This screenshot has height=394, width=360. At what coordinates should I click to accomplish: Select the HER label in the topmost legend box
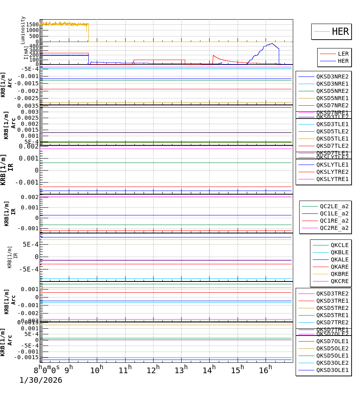tap(340, 32)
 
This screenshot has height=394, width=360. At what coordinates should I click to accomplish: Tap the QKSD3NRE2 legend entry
tap(332, 76)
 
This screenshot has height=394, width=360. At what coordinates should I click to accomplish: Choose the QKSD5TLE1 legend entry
tap(332, 139)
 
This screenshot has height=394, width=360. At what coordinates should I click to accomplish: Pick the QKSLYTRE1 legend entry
tap(332, 179)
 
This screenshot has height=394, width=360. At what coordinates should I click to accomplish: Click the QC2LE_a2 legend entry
tap(334, 206)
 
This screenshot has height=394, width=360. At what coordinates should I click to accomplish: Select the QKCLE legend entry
tap(339, 245)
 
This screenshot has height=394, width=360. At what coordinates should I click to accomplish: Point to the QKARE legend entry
tap(339, 267)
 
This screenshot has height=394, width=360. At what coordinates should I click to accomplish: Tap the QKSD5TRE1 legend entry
tap(332, 315)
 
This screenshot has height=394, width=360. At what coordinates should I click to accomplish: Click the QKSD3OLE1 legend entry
tap(332, 370)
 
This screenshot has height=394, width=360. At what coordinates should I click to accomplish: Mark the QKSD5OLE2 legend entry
tap(332, 348)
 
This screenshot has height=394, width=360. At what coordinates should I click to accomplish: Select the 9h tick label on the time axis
tap(69, 369)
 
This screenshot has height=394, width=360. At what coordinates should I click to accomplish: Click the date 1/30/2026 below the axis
tap(41, 380)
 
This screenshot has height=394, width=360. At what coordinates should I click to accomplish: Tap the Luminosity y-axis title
tap(23, 30)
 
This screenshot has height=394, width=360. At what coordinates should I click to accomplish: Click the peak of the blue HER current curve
tap(272, 44)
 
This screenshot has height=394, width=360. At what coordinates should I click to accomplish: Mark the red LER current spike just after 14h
tap(214, 56)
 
